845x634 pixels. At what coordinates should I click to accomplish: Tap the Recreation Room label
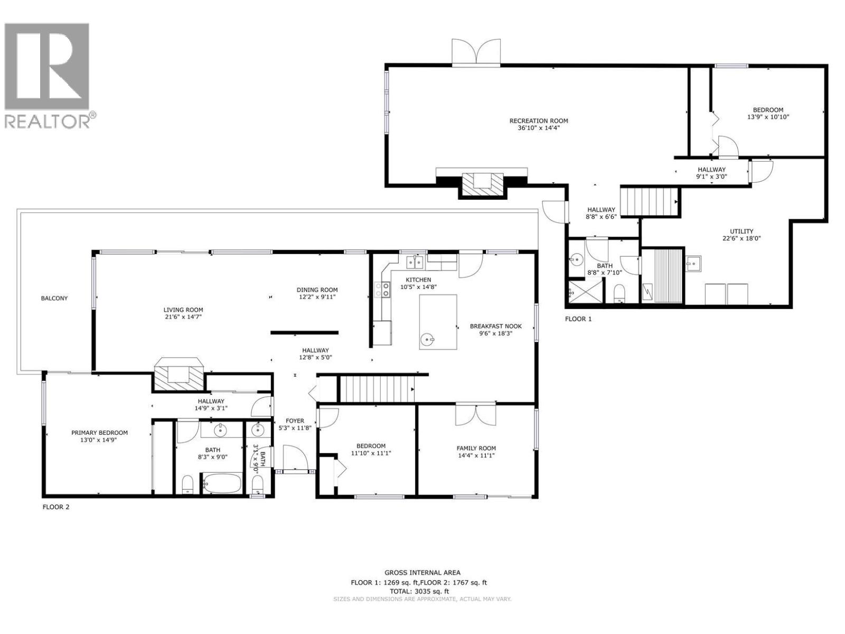pyautogui.click(x=539, y=121)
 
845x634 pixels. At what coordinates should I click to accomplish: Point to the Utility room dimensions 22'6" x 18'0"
pyautogui.click(x=741, y=238)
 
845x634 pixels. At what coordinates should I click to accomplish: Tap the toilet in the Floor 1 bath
pyautogui.click(x=619, y=292)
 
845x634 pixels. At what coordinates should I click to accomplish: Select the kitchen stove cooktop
pyautogui.click(x=382, y=289)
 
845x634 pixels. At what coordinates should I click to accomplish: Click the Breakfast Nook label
pyautogui.click(x=495, y=327)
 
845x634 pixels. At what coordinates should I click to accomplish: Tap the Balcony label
pyautogui.click(x=54, y=299)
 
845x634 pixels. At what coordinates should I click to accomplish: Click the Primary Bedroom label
pyautogui.click(x=99, y=433)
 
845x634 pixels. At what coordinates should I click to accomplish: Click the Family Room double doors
pyautogui.click(x=476, y=414)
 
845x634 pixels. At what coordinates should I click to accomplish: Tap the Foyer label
pyautogui.click(x=295, y=421)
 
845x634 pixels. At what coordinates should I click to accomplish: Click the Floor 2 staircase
pyautogui.click(x=376, y=389)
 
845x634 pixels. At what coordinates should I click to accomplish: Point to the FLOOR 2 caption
pyautogui.click(x=56, y=507)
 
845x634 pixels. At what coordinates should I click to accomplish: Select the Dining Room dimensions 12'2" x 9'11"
pyautogui.click(x=317, y=297)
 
